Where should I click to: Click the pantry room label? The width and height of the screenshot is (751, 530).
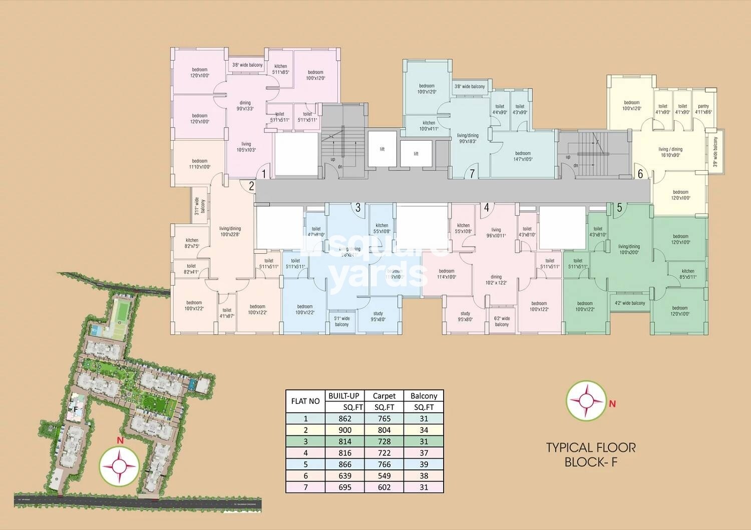click(x=703, y=109)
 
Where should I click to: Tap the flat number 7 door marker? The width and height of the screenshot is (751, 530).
click(x=472, y=174)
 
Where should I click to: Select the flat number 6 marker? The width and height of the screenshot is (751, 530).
click(x=640, y=174)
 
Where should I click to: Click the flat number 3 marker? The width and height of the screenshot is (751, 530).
click(x=357, y=208)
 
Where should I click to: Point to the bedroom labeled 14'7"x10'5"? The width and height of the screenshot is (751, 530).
click(x=523, y=156)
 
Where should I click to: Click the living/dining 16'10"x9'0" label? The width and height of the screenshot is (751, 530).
click(x=670, y=152)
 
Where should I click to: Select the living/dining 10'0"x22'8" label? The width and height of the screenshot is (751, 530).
click(x=230, y=231)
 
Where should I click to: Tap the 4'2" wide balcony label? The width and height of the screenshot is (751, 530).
click(x=630, y=303)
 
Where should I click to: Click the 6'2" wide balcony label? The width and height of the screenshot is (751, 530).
click(x=502, y=321)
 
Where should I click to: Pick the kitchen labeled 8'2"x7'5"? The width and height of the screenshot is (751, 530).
click(x=192, y=243)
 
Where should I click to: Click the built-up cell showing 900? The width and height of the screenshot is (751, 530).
click(x=345, y=430)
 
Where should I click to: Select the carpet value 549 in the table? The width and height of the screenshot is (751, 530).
click(x=384, y=475)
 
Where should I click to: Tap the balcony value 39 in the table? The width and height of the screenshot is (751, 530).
click(x=424, y=464)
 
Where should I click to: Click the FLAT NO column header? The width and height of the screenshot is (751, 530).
click(x=305, y=401)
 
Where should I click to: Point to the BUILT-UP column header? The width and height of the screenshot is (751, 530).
click(x=345, y=396)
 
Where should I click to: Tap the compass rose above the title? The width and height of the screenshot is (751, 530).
click(x=584, y=400)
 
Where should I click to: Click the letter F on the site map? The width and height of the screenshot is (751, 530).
click(x=76, y=408)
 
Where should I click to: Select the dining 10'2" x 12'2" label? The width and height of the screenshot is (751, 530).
click(x=496, y=280)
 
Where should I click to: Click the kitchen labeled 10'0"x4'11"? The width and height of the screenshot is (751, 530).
click(x=429, y=126)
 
